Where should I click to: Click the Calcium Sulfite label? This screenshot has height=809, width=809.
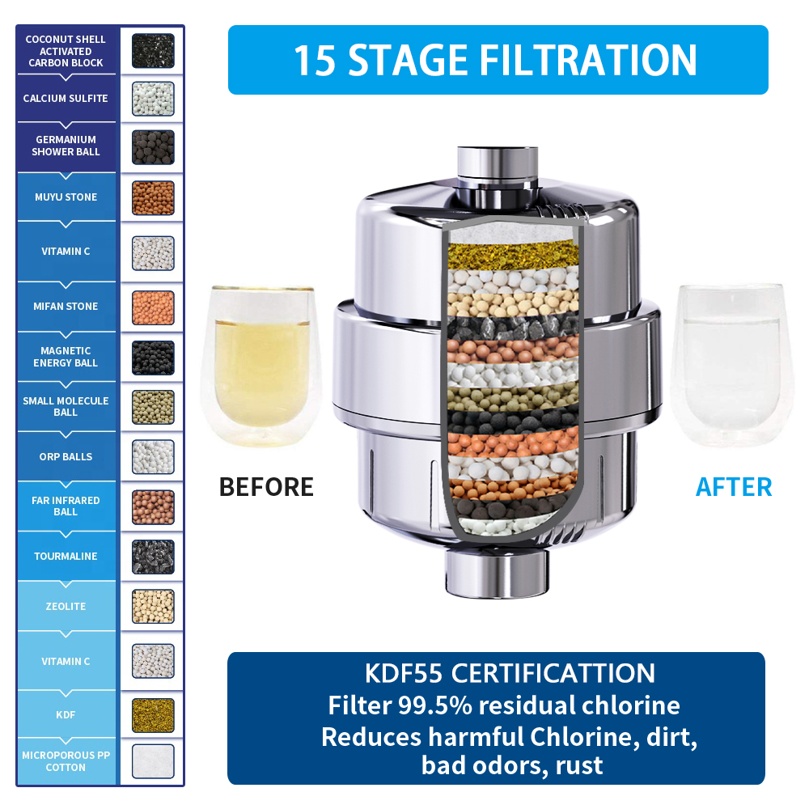click(66, 98)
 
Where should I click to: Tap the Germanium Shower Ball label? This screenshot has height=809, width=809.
click(66, 146)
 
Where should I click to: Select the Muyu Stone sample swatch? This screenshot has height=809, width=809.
click(153, 197)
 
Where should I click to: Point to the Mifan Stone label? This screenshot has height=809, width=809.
click(66, 306)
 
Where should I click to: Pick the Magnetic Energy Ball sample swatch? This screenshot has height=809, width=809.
click(153, 358)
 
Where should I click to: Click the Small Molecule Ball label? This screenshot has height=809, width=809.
click(66, 407)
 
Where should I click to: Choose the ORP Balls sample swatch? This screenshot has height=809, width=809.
click(153, 456)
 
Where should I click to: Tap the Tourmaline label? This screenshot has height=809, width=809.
click(66, 557)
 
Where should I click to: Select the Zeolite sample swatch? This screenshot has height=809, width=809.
click(153, 606)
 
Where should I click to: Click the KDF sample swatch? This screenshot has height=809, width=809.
click(153, 715)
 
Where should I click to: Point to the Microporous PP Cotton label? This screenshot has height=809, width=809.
click(66, 761)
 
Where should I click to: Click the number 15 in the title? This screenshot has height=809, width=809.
click(315, 61)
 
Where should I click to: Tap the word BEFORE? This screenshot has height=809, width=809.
click(266, 487)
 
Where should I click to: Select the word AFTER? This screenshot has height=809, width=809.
click(734, 487)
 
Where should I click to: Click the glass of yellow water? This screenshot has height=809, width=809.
click(261, 365)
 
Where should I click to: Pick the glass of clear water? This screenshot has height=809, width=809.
click(731, 365)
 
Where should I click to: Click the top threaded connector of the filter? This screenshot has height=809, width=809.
click(498, 170)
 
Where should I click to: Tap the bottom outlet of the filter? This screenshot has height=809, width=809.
click(497, 574)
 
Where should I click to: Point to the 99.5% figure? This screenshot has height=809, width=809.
click(435, 705)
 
